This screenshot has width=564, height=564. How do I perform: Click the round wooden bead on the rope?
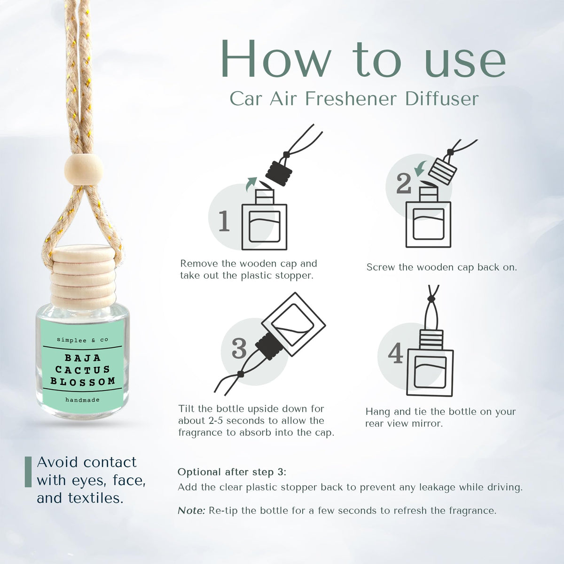tap(84, 170)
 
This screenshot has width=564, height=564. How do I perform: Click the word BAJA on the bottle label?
tap(83, 358)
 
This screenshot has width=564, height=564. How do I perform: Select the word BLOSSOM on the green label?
tap(83, 381)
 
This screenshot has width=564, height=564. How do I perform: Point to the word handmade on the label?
tap(83, 400)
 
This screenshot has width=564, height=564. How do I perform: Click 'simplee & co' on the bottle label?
tap(83, 340)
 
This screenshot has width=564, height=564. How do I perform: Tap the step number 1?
tap(224, 221)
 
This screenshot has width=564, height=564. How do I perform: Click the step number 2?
tap(404, 183)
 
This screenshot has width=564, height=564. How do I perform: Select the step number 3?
tap(239, 348)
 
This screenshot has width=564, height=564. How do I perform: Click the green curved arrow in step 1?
tap(251, 184)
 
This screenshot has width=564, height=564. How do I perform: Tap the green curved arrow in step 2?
tap(420, 168)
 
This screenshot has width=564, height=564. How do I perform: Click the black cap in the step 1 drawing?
tap(279, 172)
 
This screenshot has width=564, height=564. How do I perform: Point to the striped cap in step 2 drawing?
tap(443, 171)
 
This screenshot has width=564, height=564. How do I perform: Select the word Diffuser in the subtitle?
tap(442, 99)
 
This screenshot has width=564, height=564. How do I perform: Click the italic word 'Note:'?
tap(191, 511)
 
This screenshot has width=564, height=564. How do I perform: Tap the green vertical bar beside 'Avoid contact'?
tap(28, 472)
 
